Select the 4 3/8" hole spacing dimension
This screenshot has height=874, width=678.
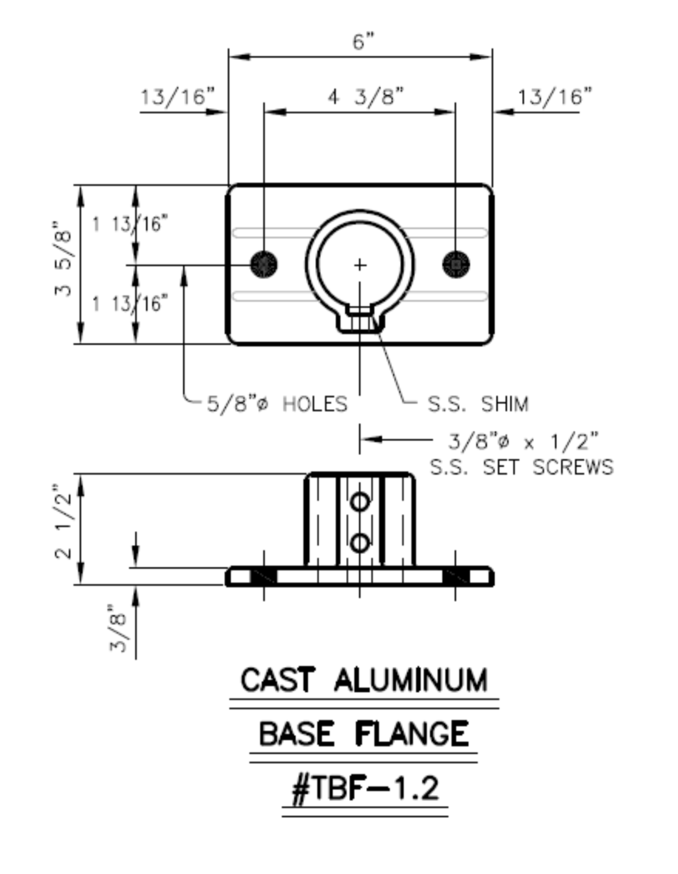366,96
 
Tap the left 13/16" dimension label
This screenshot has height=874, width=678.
177,96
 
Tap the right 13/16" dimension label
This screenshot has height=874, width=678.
554,96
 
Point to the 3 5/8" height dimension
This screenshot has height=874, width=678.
63,259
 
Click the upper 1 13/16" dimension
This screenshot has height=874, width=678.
130,224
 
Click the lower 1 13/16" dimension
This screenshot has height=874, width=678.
130,303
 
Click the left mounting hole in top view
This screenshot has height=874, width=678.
263,264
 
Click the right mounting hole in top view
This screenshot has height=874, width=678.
456,264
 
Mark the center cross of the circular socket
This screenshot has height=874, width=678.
360,265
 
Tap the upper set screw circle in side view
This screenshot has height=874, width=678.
360,502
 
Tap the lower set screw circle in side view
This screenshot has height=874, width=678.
360,543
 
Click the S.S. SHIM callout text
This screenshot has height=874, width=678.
478,404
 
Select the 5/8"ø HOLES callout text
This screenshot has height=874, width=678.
277,404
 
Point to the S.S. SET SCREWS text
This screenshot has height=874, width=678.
521,467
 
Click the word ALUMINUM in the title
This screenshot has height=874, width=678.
411,680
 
